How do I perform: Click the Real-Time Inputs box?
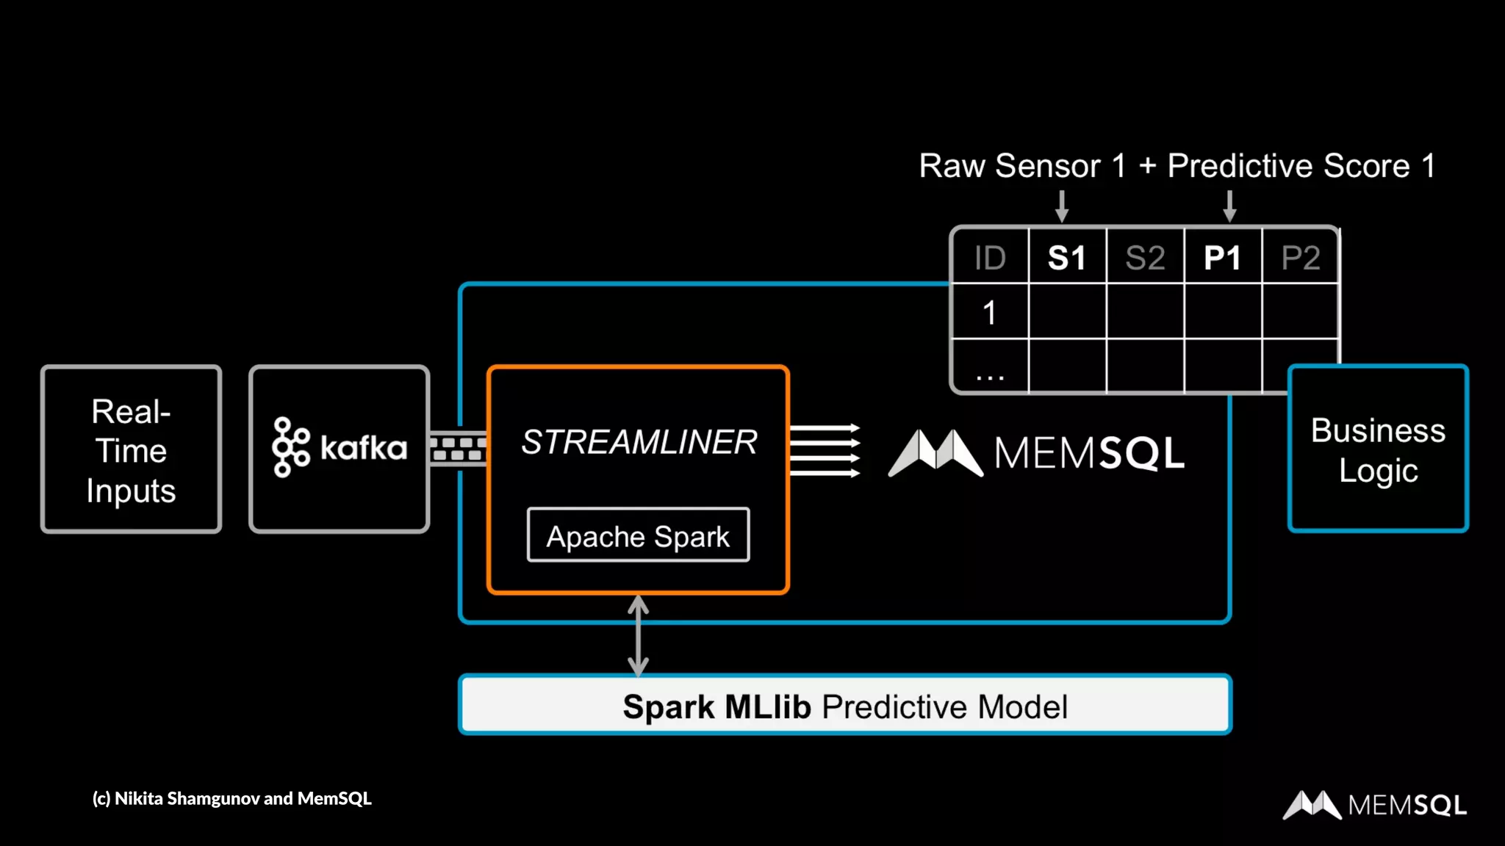pos(131,449)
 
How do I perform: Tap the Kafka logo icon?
pos(291,447)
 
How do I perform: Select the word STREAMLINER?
pos(639,442)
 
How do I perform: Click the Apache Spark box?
pos(638,535)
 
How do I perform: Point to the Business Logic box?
pos(1378,449)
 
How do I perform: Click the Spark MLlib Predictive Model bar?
pos(844,705)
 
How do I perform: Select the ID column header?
pos(990,258)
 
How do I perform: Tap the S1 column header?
pos(1067,258)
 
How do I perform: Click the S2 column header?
pos(1145,258)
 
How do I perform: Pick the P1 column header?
pos(1223,258)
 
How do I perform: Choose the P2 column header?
pos(1301,258)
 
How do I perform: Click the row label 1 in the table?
pos(990,313)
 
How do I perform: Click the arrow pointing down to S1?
pos(1062,206)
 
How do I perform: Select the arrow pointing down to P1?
pos(1229,206)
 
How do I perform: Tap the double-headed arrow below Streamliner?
pos(638,635)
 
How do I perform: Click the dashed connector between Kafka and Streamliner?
pos(458,448)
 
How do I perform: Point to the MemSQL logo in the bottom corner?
pos(1374,805)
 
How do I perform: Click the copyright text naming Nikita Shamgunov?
pos(231,798)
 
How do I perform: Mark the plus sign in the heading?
pos(1147,167)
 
